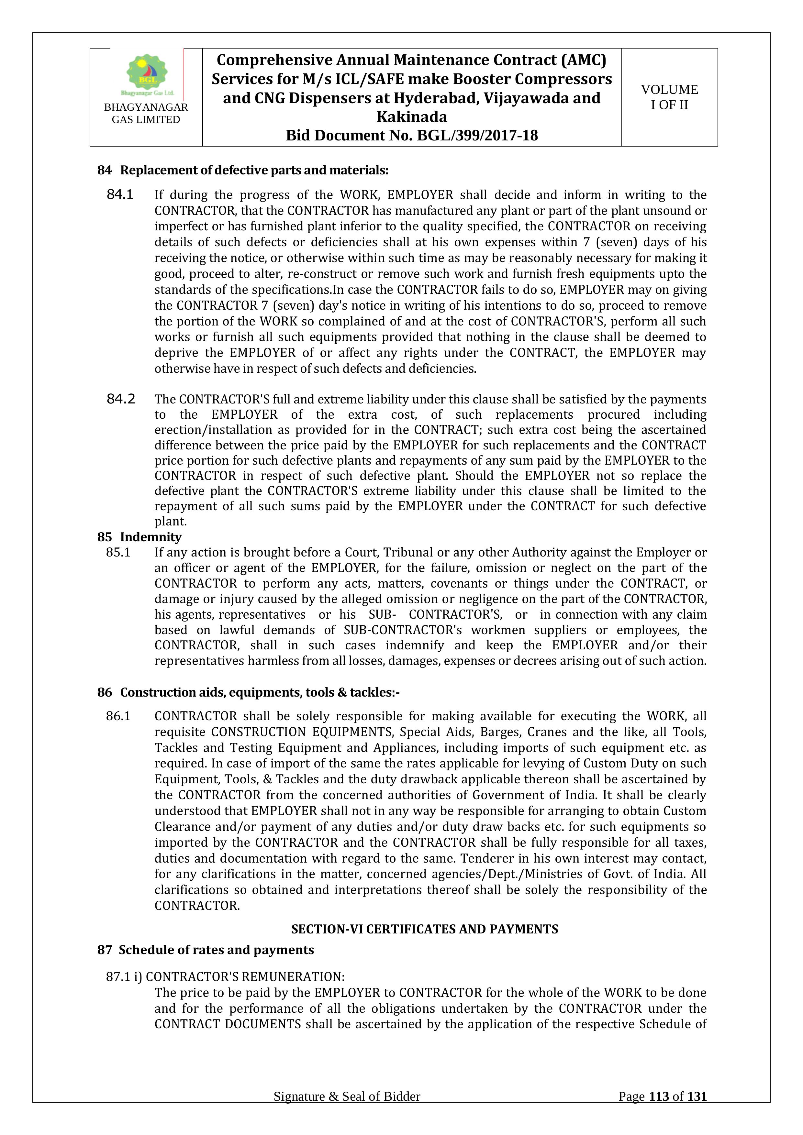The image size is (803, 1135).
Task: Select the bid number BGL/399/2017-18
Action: tap(477, 136)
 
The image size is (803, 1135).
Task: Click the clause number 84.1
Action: tap(120, 195)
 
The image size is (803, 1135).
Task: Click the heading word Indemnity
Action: tap(151, 537)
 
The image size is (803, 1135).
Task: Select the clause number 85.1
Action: tap(118, 552)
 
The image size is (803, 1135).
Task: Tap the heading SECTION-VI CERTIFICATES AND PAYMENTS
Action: tap(424, 929)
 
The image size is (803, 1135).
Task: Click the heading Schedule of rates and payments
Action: tap(216, 950)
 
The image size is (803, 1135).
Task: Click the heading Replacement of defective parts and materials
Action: tap(254, 170)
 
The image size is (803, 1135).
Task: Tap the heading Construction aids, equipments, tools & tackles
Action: tap(260, 692)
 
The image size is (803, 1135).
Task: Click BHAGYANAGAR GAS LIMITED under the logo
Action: tap(146, 113)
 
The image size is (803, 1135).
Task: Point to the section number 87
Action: tap(104, 950)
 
